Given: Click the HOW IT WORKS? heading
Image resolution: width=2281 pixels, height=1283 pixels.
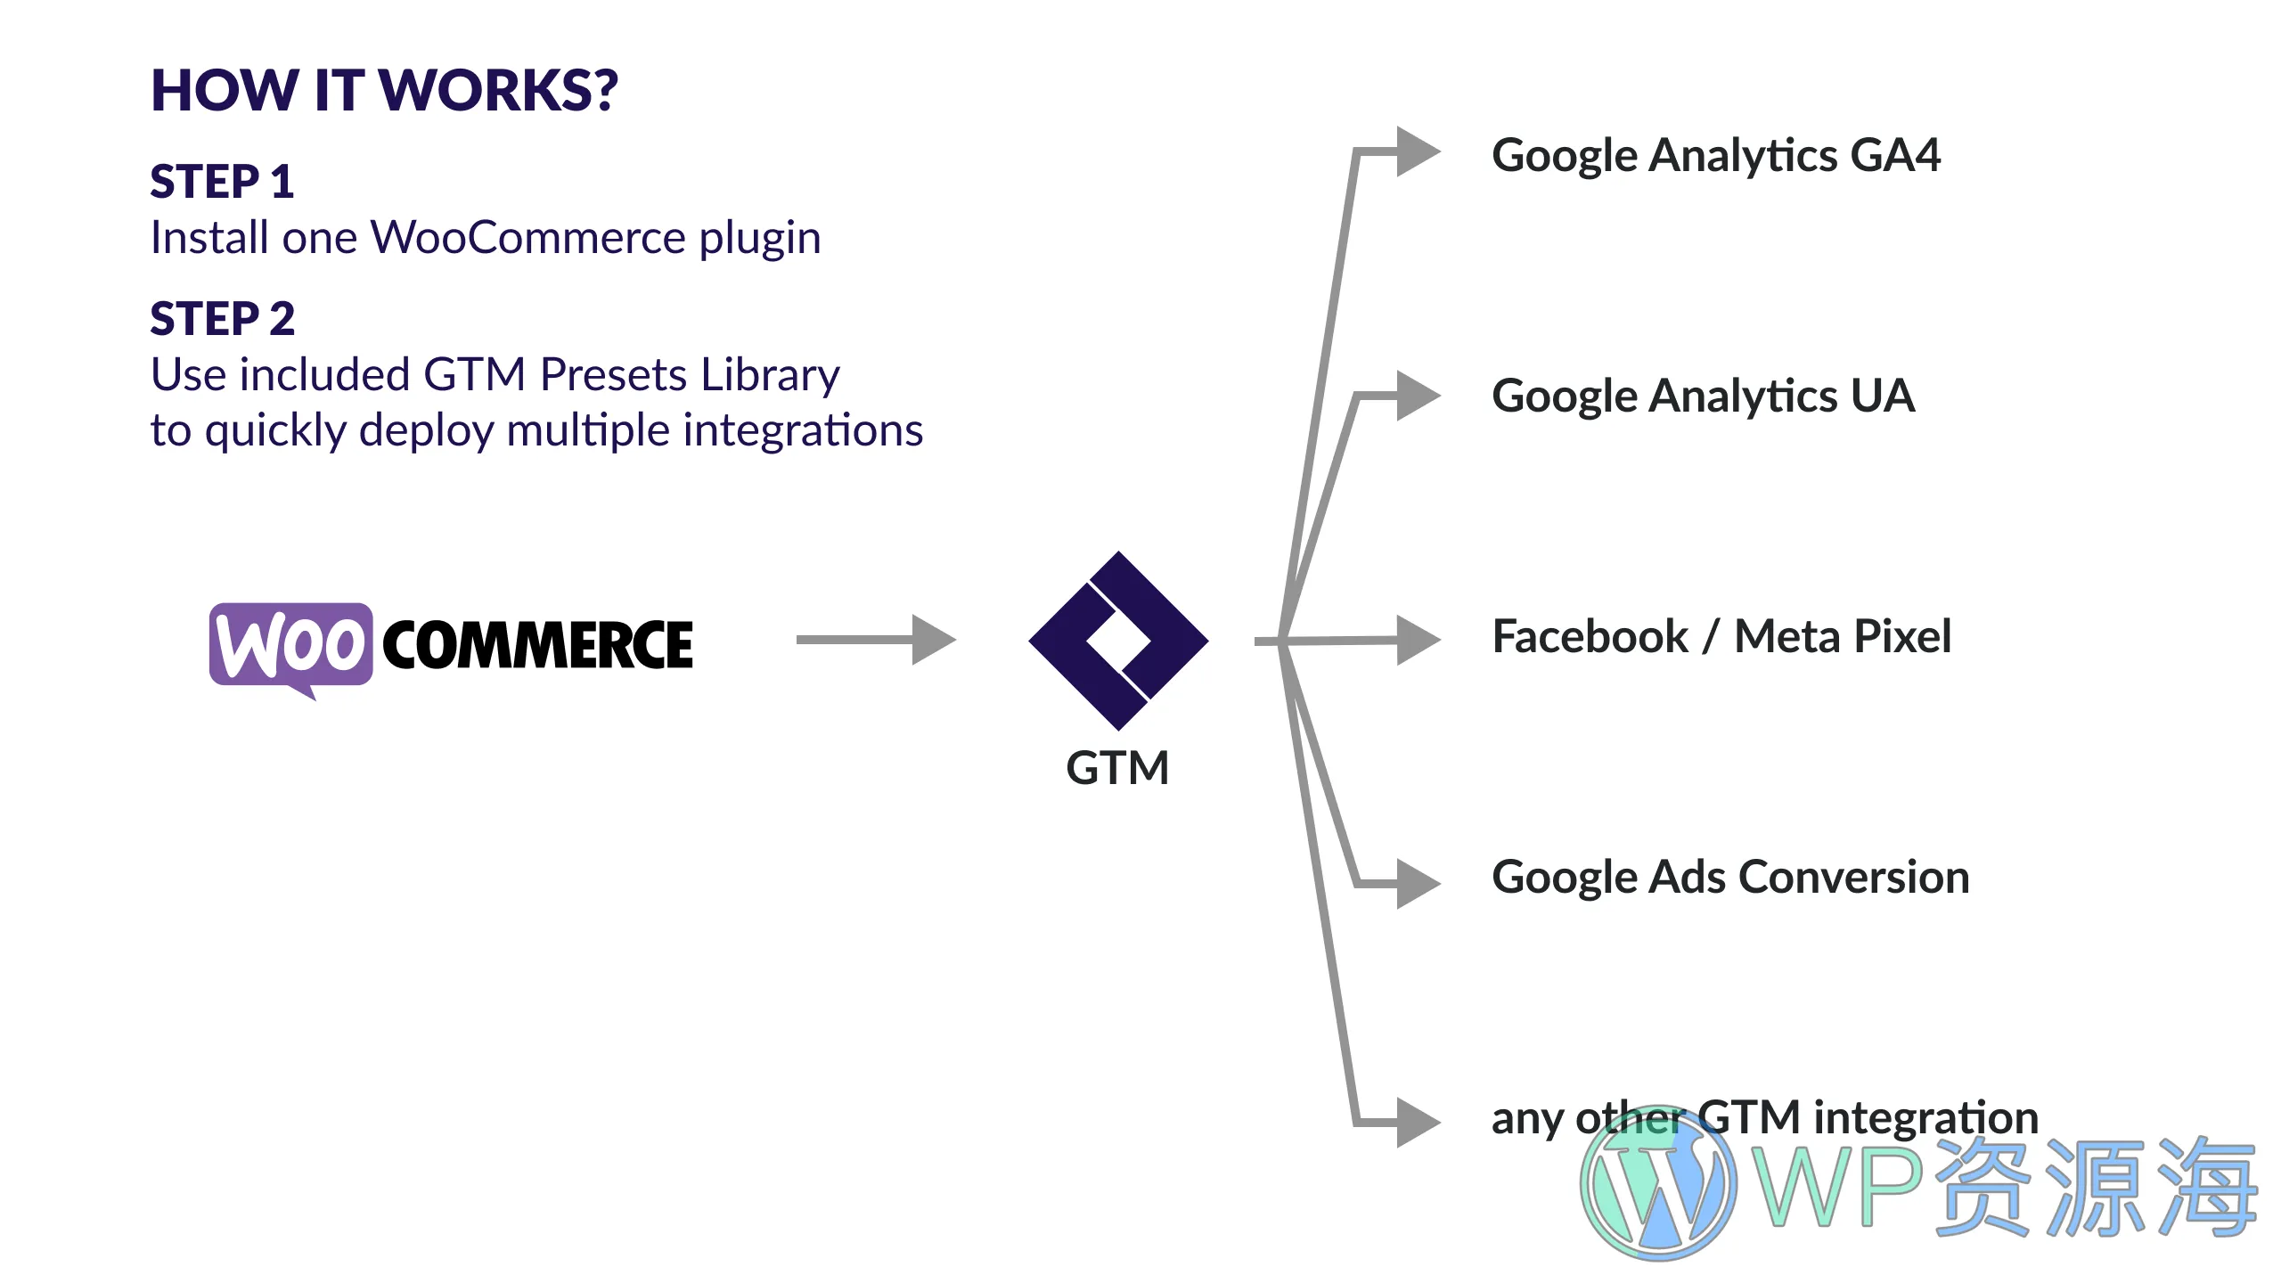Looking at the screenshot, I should tap(384, 90).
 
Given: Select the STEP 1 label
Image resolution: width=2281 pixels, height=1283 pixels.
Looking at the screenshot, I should tap(222, 182).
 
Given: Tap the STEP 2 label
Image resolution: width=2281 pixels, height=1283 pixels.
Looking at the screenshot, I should tap(222, 319).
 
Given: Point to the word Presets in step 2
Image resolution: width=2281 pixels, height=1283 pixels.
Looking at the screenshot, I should tap(614, 375).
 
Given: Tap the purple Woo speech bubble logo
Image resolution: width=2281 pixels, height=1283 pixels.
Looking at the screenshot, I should tap(290, 645).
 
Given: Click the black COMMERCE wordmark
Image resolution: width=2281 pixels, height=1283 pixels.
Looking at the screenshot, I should tap(538, 645).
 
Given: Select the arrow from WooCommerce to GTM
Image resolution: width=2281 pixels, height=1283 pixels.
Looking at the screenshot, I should tap(876, 640).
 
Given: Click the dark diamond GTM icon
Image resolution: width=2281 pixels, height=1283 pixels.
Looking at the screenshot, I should tap(1118, 641).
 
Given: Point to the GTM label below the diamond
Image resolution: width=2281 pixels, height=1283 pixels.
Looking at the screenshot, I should tap(1117, 768).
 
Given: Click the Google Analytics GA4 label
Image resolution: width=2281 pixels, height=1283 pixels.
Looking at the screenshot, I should tap(1715, 156).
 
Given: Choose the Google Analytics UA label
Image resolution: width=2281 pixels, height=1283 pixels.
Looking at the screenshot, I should tap(1703, 396).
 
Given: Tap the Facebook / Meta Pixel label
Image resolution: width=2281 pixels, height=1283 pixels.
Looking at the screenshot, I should tap(1721, 637).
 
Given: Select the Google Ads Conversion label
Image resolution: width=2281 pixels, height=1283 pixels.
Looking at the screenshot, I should tap(1730, 878).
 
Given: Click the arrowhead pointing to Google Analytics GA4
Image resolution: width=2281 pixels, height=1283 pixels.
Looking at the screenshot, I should tap(1417, 151).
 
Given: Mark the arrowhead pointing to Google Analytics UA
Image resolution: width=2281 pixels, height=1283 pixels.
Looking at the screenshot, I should tap(1417, 395).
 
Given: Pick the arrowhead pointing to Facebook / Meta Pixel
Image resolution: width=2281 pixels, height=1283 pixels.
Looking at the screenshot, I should tap(1417, 640).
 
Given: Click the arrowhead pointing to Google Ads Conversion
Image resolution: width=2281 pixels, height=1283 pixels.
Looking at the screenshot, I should tap(1417, 883).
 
